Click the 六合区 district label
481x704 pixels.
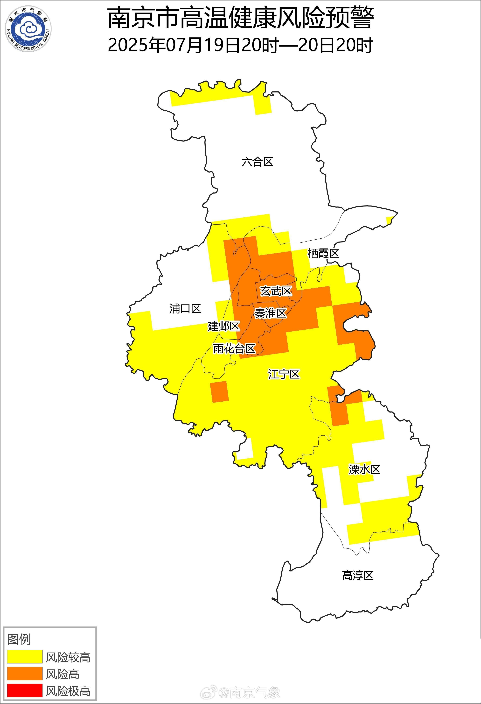tap(257, 162)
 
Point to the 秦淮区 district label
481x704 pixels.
tap(270, 313)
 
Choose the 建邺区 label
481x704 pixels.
tap(224, 326)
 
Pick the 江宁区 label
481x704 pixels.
tap(284, 374)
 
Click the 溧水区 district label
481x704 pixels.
tap(364, 469)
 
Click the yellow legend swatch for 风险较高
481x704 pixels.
tap(25, 656)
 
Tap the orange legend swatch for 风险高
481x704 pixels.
tap(25, 673)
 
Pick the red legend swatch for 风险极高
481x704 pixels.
tap(25, 690)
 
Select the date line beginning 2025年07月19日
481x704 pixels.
tap(240, 45)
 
